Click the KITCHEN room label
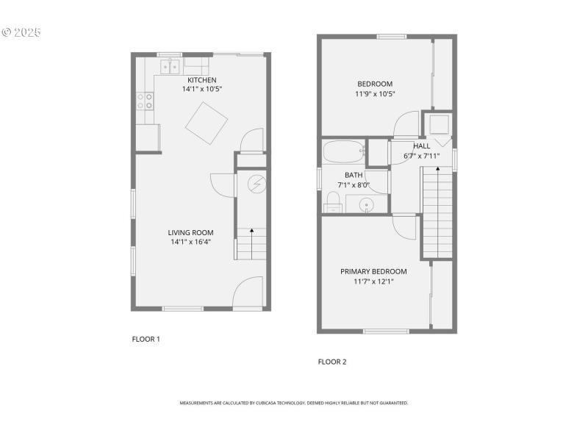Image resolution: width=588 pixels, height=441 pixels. click(x=201, y=80)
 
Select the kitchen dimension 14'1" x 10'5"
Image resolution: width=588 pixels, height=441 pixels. click(x=201, y=89)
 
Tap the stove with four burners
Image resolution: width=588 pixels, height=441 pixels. click(x=145, y=101)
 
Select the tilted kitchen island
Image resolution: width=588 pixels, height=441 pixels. click(x=207, y=123)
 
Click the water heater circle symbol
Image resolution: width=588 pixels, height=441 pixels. click(x=257, y=183)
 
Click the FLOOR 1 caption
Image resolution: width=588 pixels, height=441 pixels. click(x=146, y=339)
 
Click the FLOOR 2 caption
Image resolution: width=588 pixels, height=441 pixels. click(x=331, y=362)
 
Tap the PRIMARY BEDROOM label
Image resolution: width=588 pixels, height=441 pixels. click(x=373, y=271)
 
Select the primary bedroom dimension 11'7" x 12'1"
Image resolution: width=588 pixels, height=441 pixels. click(x=373, y=281)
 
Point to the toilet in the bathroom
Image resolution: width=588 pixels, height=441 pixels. click(x=333, y=201)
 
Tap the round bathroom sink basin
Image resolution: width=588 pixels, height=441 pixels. click(x=366, y=204)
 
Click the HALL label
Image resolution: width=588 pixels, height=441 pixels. click(x=422, y=146)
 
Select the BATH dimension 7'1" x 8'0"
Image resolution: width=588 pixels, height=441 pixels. click(x=354, y=184)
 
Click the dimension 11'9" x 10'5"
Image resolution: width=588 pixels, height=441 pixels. click(x=375, y=93)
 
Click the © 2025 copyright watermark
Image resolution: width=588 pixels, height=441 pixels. click(x=21, y=32)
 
